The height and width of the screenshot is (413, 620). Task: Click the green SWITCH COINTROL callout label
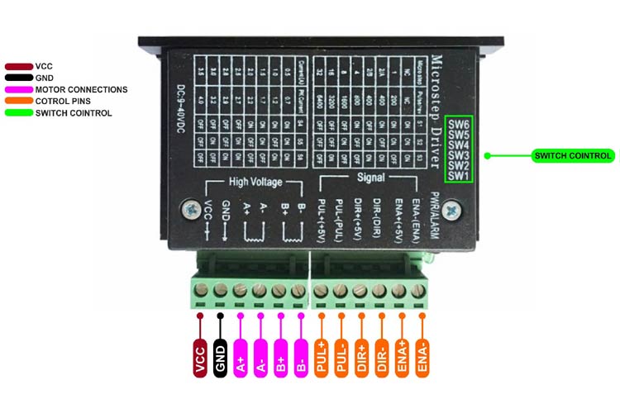pos(572,155)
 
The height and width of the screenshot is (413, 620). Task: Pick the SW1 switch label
pos(460,175)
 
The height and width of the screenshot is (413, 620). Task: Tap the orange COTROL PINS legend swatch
pos(18,101)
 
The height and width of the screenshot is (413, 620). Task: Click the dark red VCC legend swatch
pos(18,65)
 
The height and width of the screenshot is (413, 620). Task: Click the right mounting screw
pos(450,211)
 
